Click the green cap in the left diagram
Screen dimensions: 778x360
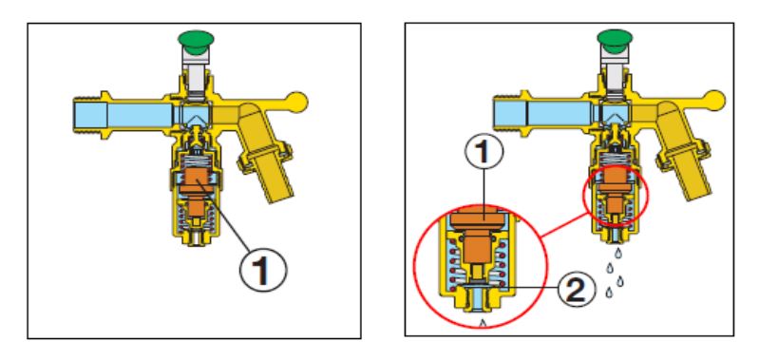coord(196,39)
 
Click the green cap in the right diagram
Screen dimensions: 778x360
coord(615,39)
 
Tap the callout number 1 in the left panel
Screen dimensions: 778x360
coord(263,270)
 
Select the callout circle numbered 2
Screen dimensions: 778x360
coord(576,290)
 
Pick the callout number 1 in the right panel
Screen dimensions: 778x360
coord(484,152)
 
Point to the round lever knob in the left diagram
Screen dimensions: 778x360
coord(297,102)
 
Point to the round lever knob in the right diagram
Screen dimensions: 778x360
coord(715,101)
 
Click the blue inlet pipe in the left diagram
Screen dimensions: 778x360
coord(123,114)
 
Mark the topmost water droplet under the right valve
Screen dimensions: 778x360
coord(617,254)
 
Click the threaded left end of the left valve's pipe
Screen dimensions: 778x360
coord(83,114)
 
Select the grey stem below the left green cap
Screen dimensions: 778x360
coord(197,74)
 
